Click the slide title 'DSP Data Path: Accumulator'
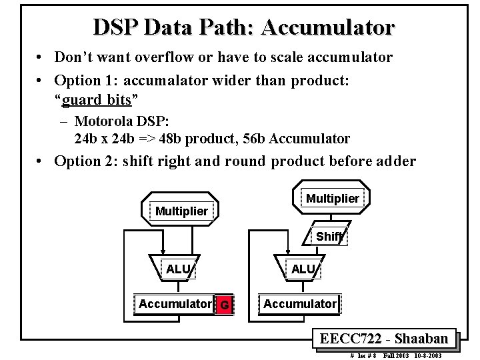click(243, 27)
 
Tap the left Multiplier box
click(181, 211)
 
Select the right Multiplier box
click(332, 198)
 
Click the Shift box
click(329, 237)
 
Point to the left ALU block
click(178, 269)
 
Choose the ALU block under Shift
click(303, 269)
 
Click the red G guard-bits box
click(225, 305)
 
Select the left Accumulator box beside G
click(175, 304)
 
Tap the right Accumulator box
click(300, 304)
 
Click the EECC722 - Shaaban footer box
click(383, 338)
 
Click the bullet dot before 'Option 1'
click(41, 80)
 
